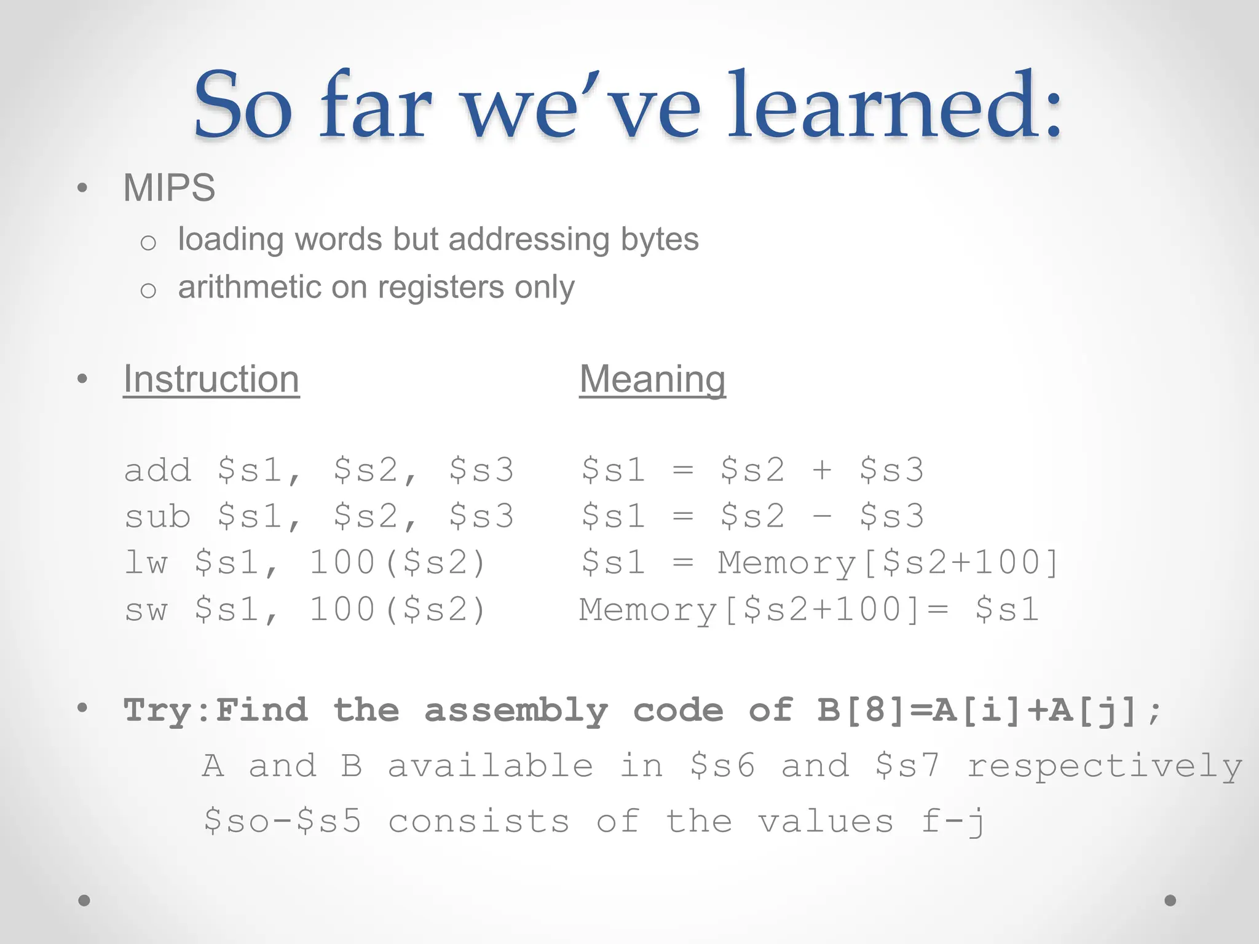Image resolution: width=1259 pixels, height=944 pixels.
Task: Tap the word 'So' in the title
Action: (243, 106)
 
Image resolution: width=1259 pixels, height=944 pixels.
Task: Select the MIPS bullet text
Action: (169, 188)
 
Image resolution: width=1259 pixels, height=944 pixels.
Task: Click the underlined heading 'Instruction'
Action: (211, 379)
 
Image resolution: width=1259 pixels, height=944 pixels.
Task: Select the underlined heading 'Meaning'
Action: (652, 379)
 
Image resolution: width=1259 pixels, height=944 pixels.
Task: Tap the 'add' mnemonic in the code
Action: (158, 470)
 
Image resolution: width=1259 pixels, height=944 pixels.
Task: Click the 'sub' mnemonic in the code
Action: (158, 516)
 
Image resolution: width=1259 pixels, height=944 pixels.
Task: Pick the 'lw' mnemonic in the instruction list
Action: (146, 563)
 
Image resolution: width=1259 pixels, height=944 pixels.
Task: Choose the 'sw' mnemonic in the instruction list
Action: (146, 610)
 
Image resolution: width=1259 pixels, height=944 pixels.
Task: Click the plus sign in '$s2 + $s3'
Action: (822, 471)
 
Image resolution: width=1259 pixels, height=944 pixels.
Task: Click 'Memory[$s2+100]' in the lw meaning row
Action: (888, 563)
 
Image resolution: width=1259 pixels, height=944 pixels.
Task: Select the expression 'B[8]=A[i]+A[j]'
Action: (977, 711)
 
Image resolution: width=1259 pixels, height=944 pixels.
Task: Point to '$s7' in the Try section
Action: (907, 766)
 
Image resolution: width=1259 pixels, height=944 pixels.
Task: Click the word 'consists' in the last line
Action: (479, 822)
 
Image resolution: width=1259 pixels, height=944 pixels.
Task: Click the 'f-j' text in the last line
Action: (953, 822)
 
